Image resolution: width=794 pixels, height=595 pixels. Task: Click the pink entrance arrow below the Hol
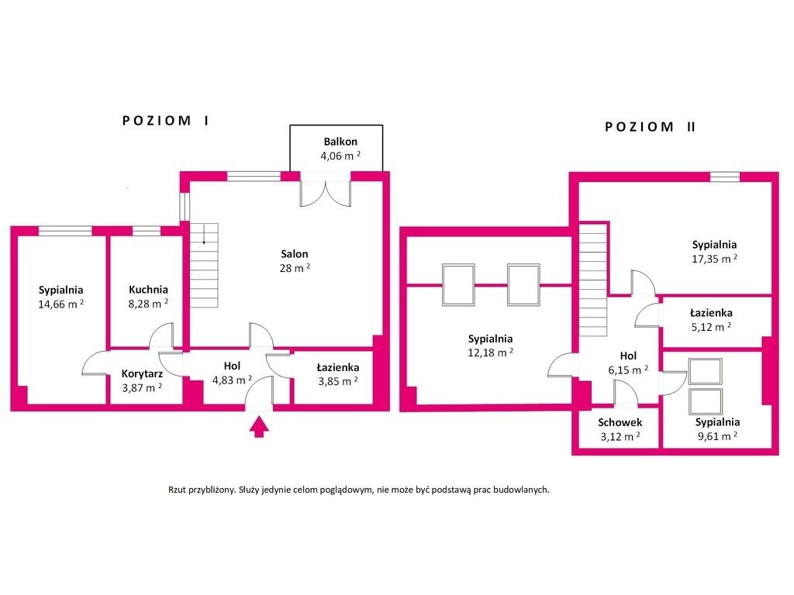point(259,427)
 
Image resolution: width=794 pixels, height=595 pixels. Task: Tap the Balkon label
point(340,142)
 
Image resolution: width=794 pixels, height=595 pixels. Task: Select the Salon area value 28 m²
point(295,268)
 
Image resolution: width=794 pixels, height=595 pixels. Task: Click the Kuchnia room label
point(148,290)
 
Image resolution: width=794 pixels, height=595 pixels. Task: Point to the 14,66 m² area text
point(60,304)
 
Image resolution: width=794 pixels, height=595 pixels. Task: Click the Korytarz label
point(142,374)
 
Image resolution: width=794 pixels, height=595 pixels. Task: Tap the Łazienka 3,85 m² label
point(338,374)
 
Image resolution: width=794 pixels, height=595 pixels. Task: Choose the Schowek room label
point(620,422)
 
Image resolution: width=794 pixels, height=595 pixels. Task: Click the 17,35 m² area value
point(714,259)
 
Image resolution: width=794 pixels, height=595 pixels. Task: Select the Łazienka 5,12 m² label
point(711,320)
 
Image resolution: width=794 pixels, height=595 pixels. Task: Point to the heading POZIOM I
point(166,120)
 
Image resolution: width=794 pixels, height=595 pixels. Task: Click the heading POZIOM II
point(651,126)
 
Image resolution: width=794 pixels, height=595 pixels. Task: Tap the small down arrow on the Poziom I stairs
point(204,235)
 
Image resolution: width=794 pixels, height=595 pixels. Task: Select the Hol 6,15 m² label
point(628,363)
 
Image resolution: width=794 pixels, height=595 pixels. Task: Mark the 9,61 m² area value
point(717,436)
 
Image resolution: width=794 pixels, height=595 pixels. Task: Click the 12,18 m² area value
point(490,353)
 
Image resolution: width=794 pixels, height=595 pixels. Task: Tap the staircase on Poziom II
point(593,280)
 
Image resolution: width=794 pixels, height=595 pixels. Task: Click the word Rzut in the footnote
point(177,490)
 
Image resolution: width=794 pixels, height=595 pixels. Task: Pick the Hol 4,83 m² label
point(232,373)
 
